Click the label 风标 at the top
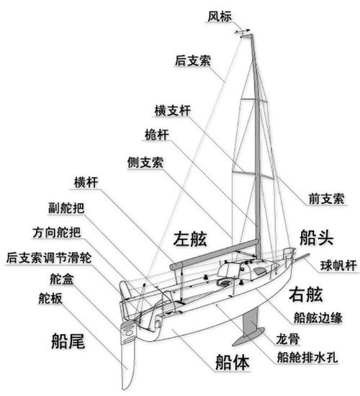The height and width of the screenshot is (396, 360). pos(220,16)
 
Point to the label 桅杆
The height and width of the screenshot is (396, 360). pos(157,135)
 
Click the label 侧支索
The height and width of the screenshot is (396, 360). pos(144,162)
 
